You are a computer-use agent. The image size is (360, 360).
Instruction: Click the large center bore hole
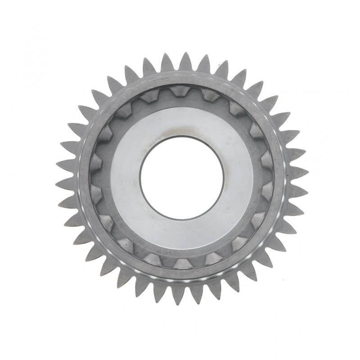181,178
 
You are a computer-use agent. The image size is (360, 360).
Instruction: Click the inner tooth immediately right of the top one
210,95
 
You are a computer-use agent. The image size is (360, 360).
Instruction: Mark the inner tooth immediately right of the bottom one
211,258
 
